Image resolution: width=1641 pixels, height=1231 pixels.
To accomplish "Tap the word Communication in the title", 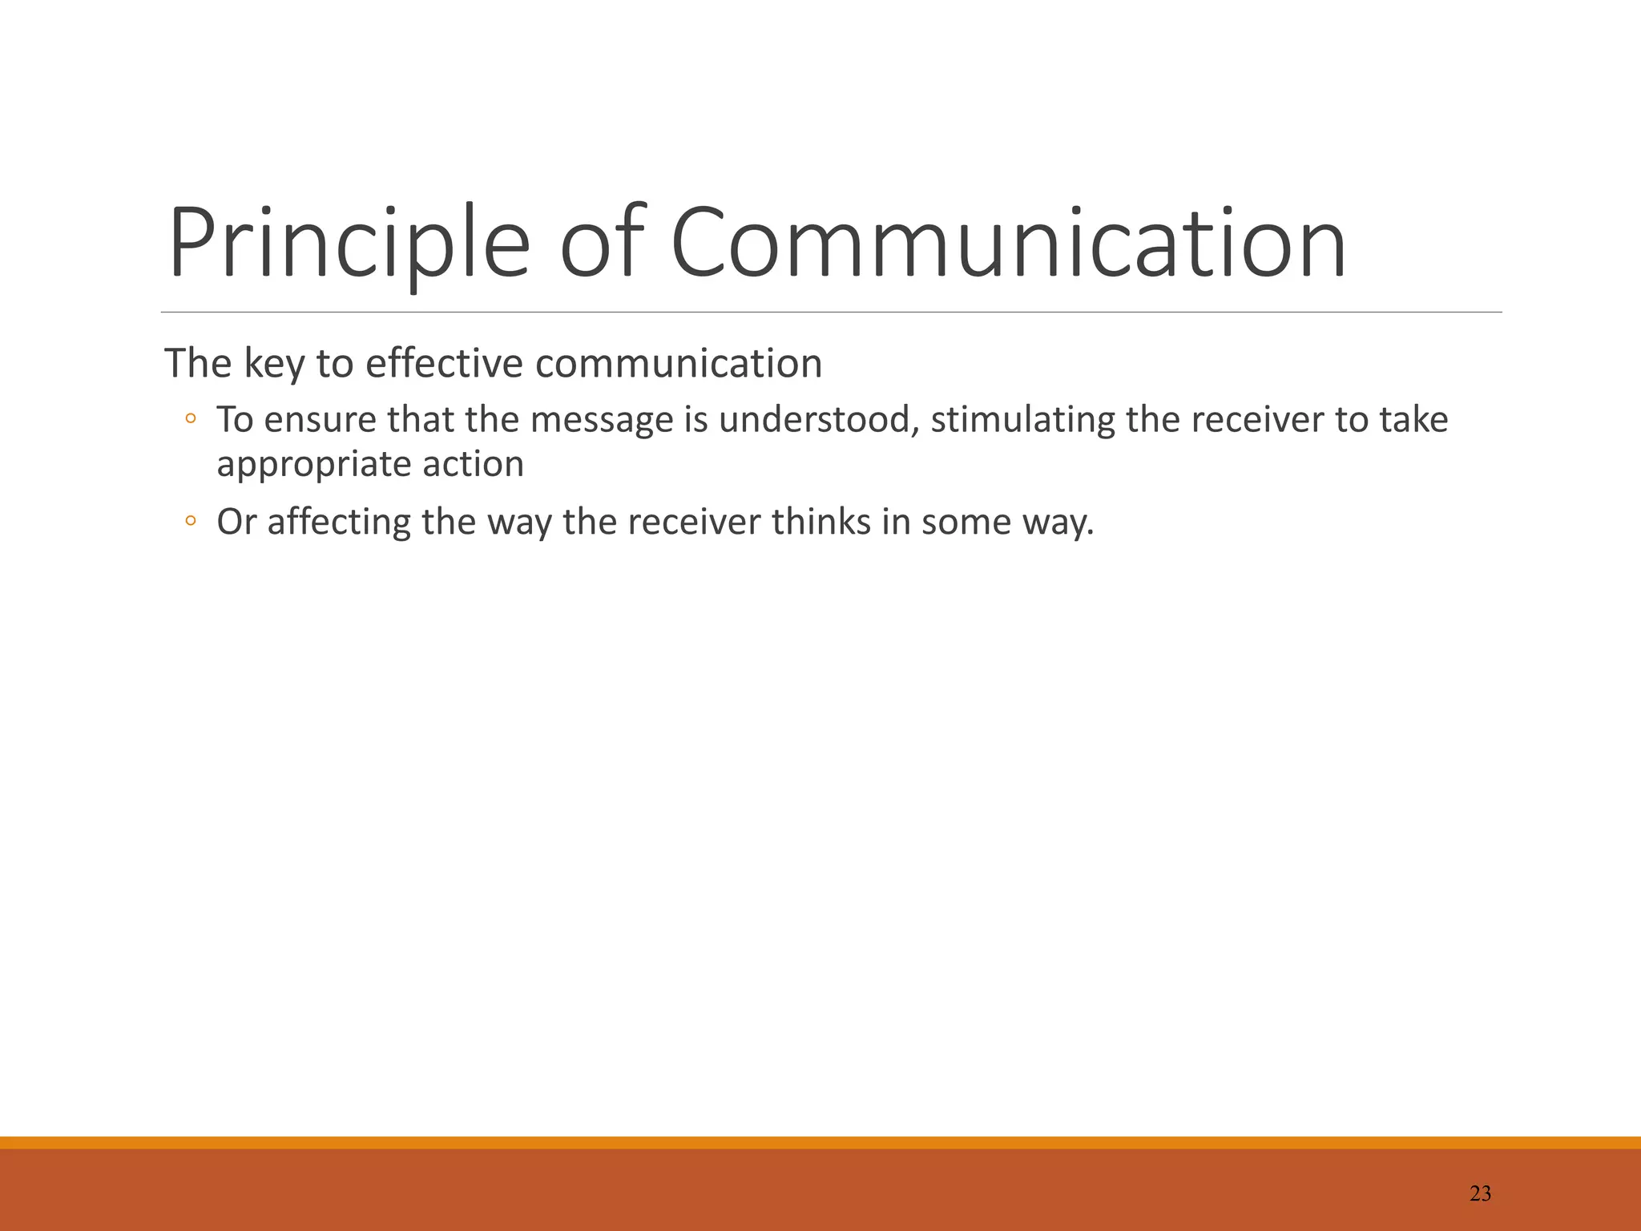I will tap(1008, 243).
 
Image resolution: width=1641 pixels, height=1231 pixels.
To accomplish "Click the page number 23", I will tap(1480, 1194).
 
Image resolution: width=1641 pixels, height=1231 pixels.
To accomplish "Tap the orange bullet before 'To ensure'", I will tap(190, 418).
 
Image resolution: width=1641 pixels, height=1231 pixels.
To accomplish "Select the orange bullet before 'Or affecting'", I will tap(190, 521).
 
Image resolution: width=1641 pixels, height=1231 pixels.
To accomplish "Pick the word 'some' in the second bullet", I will tap(965, 523).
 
